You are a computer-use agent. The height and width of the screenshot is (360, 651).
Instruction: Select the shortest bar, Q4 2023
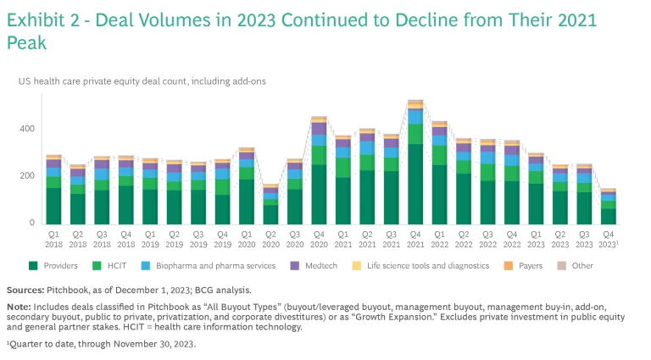[608, 208]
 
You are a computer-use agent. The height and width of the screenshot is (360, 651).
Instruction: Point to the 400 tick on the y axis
[28, 129]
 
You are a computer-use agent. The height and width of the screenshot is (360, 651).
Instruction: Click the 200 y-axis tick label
[28, 176]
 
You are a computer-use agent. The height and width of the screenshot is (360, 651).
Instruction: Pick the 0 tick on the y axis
[33, 224]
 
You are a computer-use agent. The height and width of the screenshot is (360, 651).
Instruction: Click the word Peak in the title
[27, 42]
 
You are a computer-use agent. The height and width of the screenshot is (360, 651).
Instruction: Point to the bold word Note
[20, 308]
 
